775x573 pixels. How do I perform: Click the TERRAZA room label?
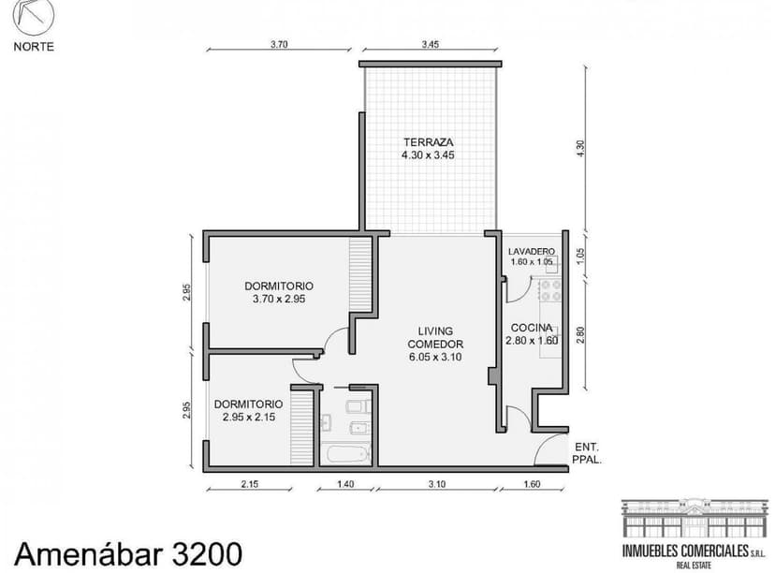point(430,141)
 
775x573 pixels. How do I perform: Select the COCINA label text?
point(531,327)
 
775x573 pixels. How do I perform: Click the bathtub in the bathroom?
point(345,456)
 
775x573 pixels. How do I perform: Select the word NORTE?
point(34,47)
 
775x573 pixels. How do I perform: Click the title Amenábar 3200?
point(127,552)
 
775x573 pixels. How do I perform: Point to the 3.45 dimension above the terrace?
point(430,43)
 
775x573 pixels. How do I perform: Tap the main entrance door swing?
point(549,450)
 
